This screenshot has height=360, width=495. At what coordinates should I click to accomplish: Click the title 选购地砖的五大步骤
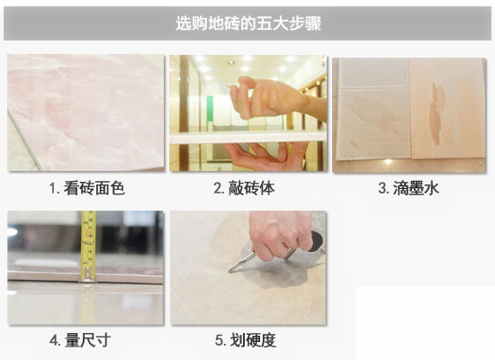(248, 23)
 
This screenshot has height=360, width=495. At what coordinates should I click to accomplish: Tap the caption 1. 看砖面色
(87, 188)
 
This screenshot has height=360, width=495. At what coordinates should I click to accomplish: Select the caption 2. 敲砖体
(244, 188)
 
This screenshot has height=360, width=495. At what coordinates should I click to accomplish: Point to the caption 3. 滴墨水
(409, 188)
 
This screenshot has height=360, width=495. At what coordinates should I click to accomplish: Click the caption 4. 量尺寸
(80, 340)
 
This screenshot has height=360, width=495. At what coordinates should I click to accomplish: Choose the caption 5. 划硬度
(246, 340)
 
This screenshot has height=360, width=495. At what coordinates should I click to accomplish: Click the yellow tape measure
(88, 247)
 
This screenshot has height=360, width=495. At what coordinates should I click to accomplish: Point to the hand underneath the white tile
(265, 157)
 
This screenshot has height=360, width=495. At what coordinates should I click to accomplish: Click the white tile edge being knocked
(248, 138)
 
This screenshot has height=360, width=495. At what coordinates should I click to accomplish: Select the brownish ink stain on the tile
(436, 113)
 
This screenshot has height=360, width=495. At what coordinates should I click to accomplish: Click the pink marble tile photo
(85, 112)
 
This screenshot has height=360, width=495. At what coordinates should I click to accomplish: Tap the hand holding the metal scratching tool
(280, 233)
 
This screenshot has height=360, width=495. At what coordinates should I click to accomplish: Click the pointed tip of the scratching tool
(230, 271)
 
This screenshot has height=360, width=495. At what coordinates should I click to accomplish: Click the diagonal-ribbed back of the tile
(373, 109)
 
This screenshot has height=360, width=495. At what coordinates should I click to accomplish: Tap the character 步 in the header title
(296, 23)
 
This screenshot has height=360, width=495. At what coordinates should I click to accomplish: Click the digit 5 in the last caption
(219, 341)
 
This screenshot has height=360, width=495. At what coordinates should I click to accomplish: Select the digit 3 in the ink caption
(382, 188)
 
